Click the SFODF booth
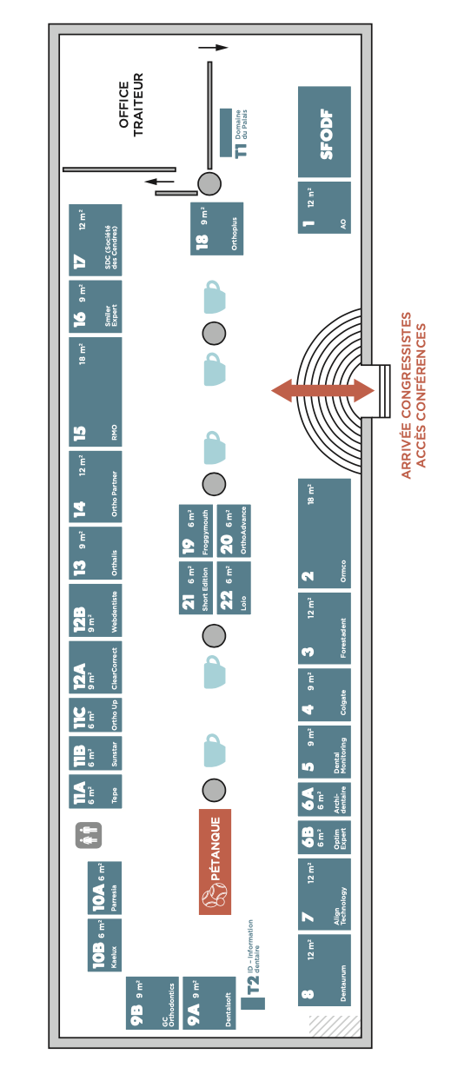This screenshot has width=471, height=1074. [x=324, y=132]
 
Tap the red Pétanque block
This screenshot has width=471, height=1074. [x=215, y=862]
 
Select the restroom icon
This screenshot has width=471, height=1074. [x=89, y=835]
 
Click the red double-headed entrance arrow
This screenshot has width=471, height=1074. [x=322, y=390]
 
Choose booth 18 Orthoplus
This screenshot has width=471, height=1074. [x=216, y=229]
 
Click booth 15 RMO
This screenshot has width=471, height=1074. [x=95, y=392]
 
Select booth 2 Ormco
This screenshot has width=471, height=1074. [x=324, y=534]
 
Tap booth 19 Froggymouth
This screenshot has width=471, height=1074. [x=196, y=531]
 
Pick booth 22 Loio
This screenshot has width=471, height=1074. [x=234, y=587]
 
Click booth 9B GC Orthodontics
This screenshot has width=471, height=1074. [x=152, y=1003]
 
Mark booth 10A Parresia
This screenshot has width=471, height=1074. [x=104, y=887]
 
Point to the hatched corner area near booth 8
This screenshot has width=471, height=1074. [x=335, y=1024]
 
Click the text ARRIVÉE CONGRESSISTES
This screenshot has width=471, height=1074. [x=406, y=395]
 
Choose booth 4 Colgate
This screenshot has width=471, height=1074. [x=324, y=695]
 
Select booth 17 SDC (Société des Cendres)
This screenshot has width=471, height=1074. [x=95, y=240]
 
